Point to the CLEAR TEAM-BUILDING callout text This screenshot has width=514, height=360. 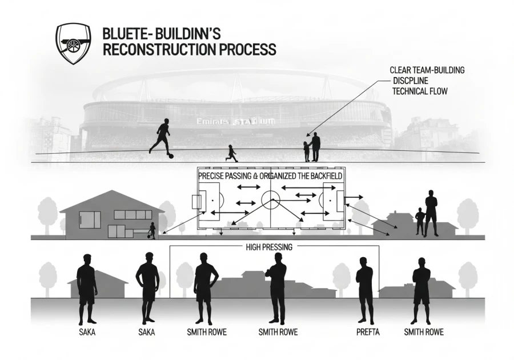click(x=427, y=70)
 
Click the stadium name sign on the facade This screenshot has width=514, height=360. click(x=236, y=122)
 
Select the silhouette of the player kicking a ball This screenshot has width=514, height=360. click(x=160, y=136)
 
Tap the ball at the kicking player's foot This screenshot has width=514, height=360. click(x=171, y=155)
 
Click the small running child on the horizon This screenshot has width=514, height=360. click(x=231, y=153)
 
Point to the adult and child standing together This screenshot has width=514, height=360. click(x=312, y=147)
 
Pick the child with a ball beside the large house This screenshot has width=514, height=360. click(x=151, y=230)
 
